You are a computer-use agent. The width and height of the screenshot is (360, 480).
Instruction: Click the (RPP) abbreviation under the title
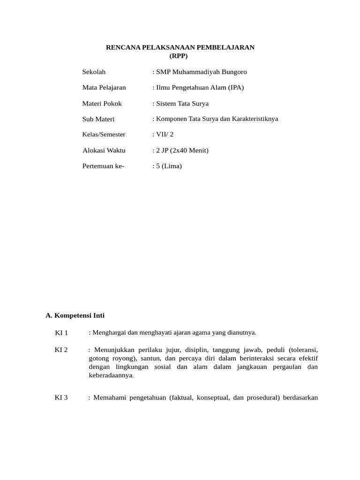(x=178, y=56)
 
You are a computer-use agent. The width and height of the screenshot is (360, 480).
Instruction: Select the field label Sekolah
(x=94, y=72)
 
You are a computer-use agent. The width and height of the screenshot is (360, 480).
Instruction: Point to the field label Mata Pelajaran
(x=104, y=87)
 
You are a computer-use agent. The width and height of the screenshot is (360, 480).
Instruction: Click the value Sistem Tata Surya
(x=182, y=103)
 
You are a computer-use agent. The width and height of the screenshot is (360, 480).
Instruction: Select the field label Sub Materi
(x=98, y=119)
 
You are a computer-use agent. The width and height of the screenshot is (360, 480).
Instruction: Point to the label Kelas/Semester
(x=104, y=135)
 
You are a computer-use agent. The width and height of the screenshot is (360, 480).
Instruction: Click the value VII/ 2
(x=164, y=135)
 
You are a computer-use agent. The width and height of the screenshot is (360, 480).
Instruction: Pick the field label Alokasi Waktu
(x=104, y=150)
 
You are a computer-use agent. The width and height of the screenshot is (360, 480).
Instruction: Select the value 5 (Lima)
(x=168, y=166)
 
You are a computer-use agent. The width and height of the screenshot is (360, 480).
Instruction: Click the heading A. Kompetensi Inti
(x=78, y=315)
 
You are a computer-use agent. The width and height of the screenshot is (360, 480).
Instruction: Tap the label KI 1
(x=61, y=333)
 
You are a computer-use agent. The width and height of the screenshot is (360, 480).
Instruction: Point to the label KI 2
(x=61, y=350)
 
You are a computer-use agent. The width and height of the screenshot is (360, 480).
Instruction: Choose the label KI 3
(x=61, y=398)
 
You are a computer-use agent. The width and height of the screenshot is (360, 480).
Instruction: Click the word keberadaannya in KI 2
(x=111, y=375)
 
